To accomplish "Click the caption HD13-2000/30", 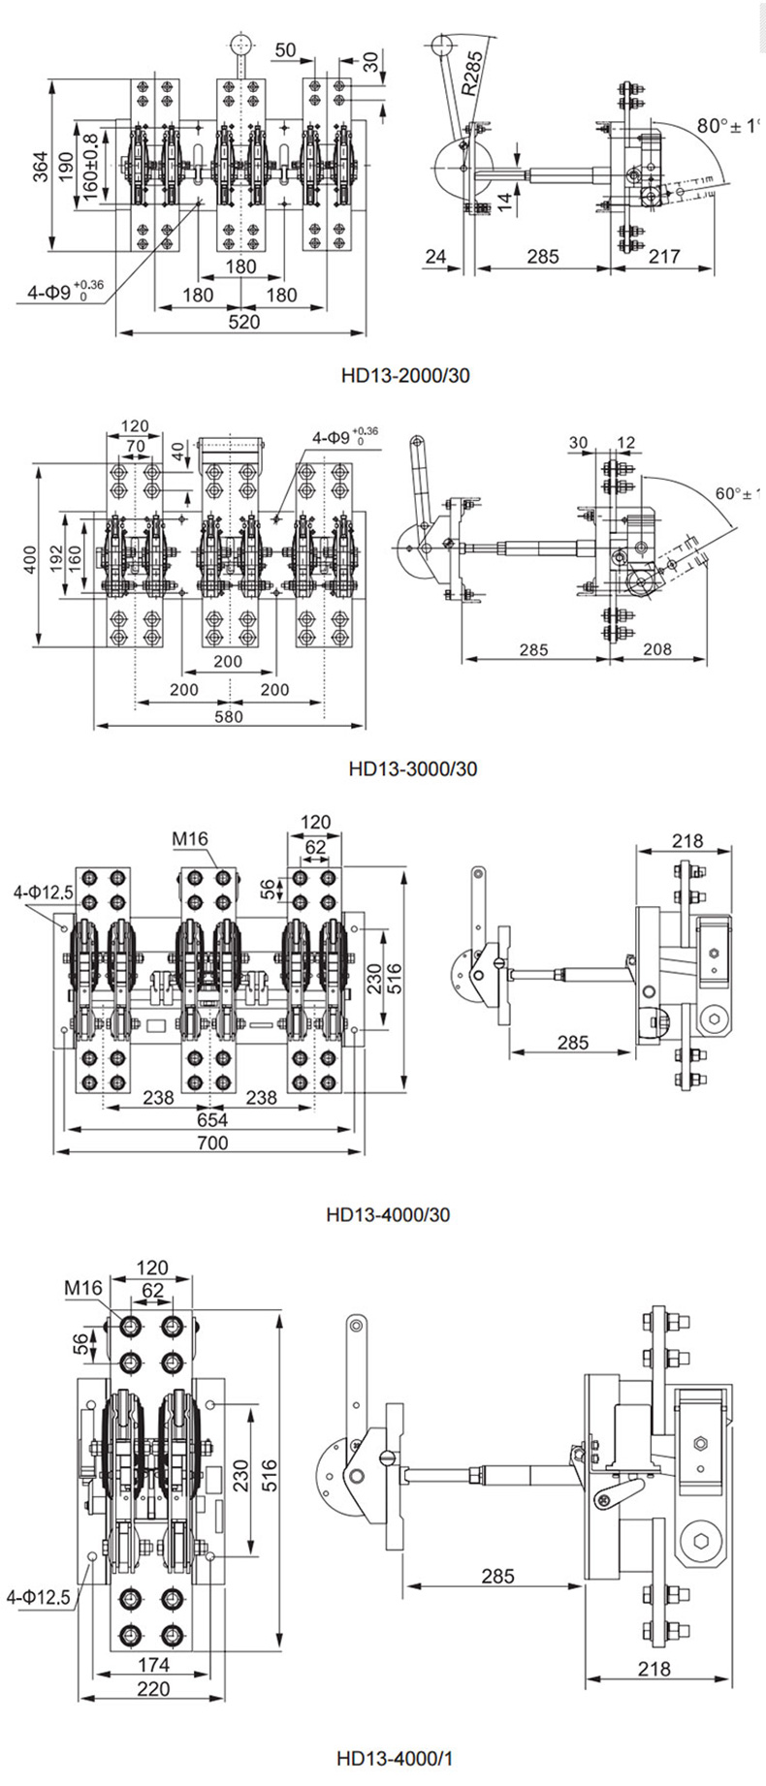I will [405, 374].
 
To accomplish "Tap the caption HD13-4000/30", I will [387, 1214].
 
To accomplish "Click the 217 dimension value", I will [663, 257].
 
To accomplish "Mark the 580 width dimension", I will [229, 716].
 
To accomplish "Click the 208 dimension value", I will [657, 648].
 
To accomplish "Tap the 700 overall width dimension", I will [211, 1143].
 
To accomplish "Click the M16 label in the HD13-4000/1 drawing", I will [83, 1288].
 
